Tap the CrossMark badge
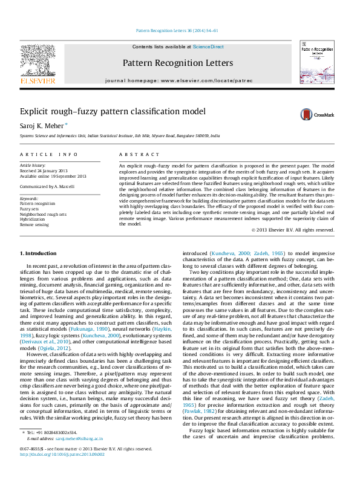[x=320, y=114]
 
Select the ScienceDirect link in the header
[x=208, y=47]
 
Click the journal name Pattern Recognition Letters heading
[x=177, y=63]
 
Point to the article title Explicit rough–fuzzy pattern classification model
[x=113, y=111]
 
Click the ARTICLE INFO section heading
[x=48, y=155]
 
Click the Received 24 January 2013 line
[x=45, y=170]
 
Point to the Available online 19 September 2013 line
[x=53, y=176]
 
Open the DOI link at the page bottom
[x=62, y=471]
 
